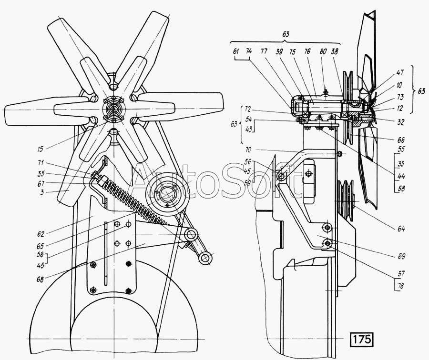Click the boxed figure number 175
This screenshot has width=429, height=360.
(362, 340)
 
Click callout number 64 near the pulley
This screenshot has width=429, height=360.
(401, 229)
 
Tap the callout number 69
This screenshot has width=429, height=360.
(401, 256)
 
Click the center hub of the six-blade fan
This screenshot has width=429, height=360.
(113, 109)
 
